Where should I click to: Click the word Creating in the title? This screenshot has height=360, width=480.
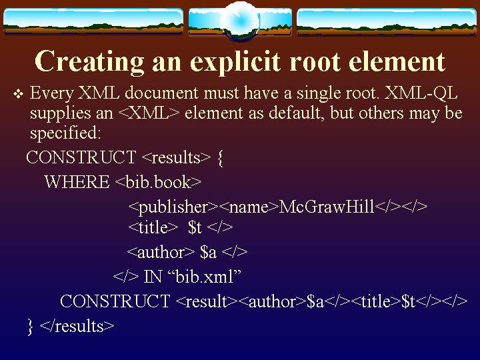click(89, 62)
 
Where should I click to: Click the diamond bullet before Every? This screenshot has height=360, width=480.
click(19, 94)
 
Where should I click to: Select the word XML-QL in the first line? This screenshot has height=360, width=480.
click(421, 93)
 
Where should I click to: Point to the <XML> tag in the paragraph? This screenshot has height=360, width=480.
click(149, 113)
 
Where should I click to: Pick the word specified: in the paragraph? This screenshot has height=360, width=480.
click(65, 133)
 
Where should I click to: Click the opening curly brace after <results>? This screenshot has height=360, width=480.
click(220, 158)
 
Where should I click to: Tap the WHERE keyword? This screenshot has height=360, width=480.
click(77, 182)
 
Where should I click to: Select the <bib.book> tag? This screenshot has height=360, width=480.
click(158, 182)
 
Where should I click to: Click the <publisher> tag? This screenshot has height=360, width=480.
click(173, 207)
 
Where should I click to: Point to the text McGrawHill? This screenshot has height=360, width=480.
click(327, 207)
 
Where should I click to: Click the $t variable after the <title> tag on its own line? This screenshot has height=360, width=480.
click(195, 227)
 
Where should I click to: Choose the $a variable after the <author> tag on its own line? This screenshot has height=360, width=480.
click(208, 252)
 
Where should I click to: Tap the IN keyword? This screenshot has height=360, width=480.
click(153, 277)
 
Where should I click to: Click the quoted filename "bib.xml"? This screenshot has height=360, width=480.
click(205, 277)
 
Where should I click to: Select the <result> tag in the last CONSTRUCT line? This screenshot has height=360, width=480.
click(207, 301)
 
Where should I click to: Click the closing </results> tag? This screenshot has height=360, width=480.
click(77, 326)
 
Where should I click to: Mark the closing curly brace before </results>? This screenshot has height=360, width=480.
click(30, 327)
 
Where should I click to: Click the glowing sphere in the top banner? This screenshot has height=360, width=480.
click(240, 21)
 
